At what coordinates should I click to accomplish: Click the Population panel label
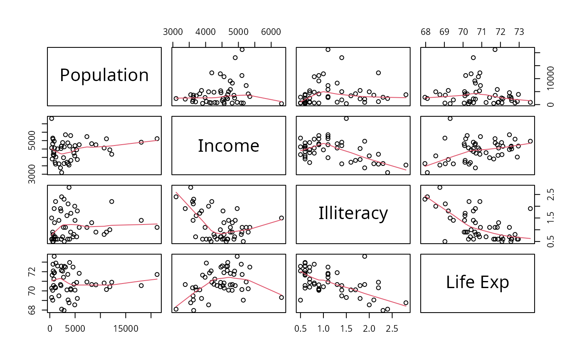click(x=104, y=75)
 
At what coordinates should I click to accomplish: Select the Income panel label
click(x=229, y=146)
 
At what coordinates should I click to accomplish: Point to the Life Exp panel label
click(x=477, y=282)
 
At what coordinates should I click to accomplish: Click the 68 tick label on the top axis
click(x=426, y=32)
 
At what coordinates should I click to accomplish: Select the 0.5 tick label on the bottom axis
click(x=300, y=328)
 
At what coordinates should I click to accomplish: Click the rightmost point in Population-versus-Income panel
click(x=281, y=104)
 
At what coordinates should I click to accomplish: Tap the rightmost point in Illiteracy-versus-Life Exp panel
click(x=530, y=209)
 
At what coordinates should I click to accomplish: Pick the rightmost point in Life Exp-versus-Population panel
click(x=157, y=274)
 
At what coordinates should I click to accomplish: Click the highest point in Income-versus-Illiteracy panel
click(x=346, y=118)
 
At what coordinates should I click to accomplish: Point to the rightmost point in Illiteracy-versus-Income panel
click(x=281, y=218)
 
